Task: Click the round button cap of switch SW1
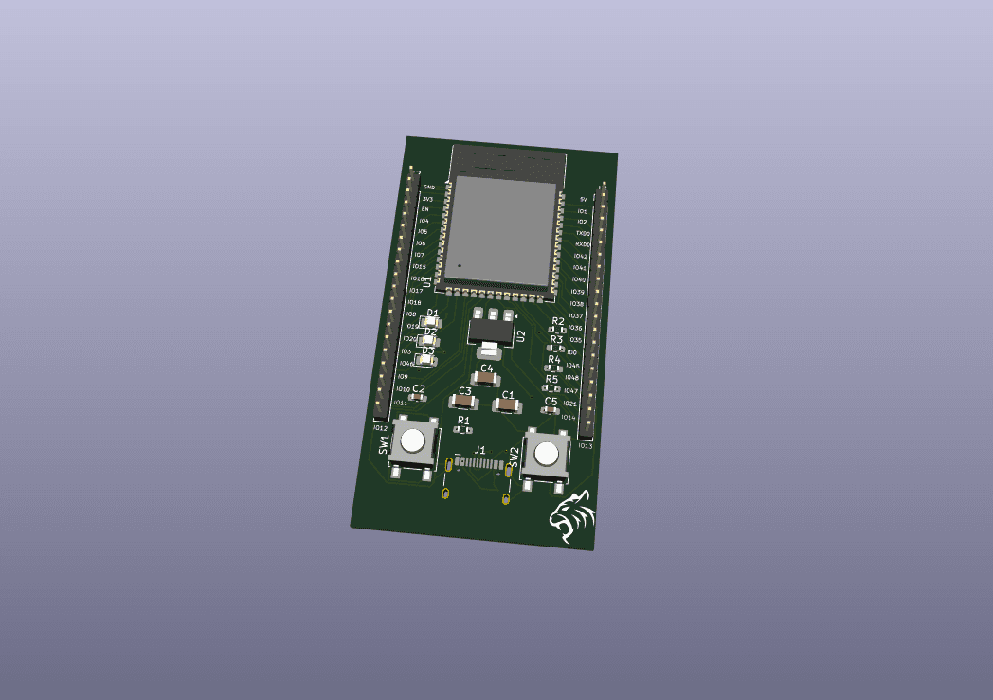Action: pyautogui.click(x=413, y=440)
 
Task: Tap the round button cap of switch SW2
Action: pyautogui.click(x=547, y=455)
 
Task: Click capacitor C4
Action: pyautogui.click(x=486, y=379)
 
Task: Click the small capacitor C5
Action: pyautogui.click(x=551, y=410)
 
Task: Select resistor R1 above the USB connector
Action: pyautogui.click(x=462, y=429)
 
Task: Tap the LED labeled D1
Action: pyautogui.click(x=431, y=322)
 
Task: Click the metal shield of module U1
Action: pyautogui.click(x=502, y=232)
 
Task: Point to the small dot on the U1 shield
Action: pyautogui.click(x=460, y=265)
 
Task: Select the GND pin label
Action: pyautogui.click(x=428, y=188)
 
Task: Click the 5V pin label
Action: pyautogui.click(x=583, y=199)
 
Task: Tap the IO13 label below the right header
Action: pyautogui.click(x=585, y=445)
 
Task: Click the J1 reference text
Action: pyautogui.click(x=480, y=450)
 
